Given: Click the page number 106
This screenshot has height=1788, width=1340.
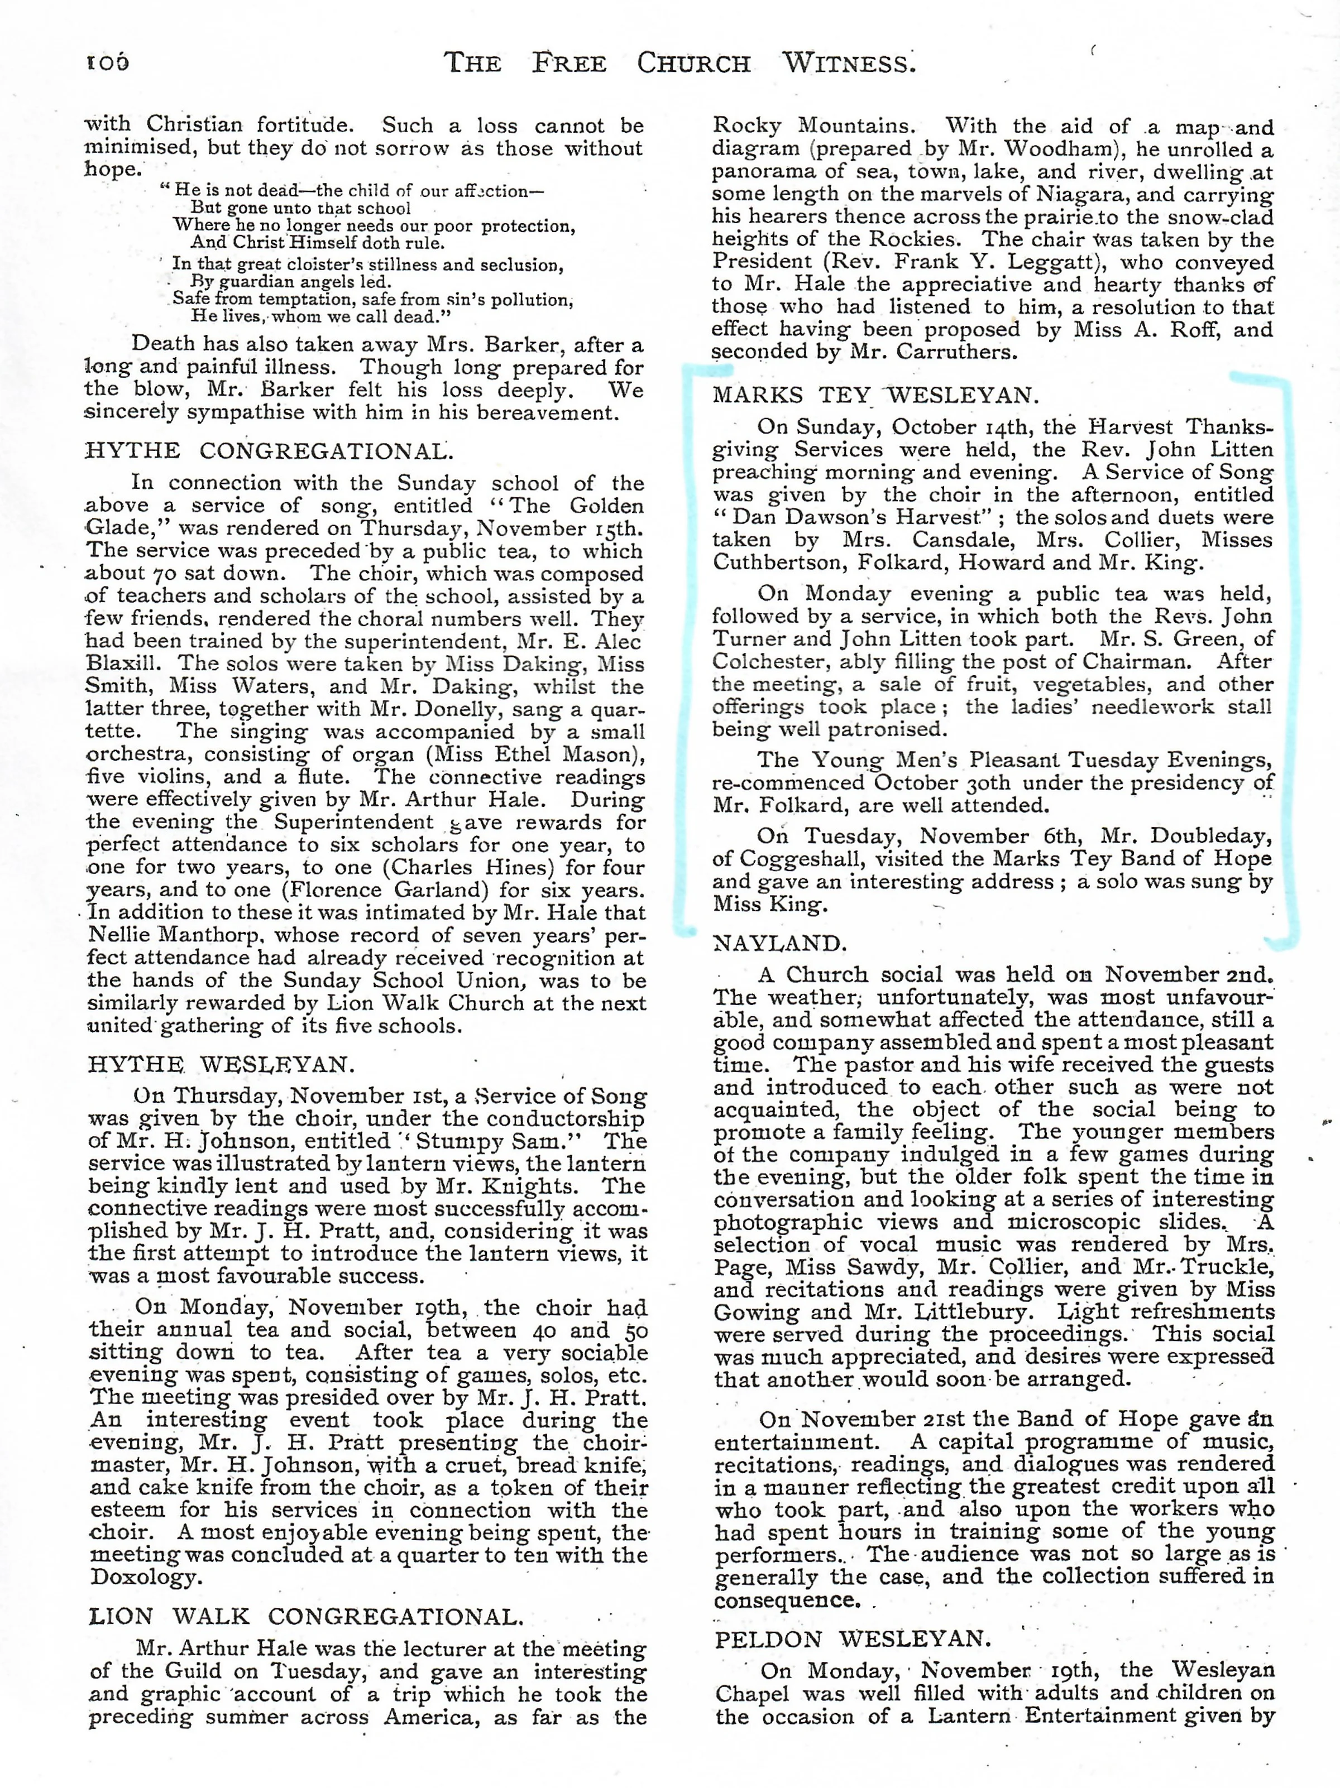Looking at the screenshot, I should pyautogui.click(x=108, y=63).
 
